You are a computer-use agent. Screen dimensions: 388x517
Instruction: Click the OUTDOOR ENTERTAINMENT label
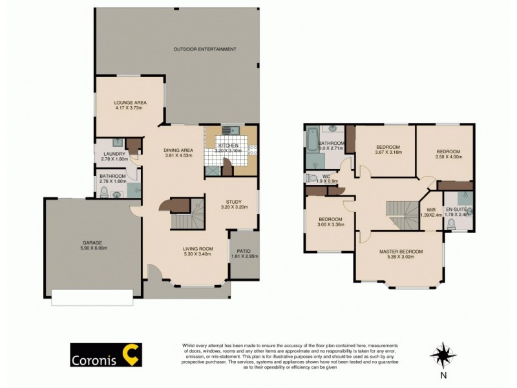(x=204, y=49)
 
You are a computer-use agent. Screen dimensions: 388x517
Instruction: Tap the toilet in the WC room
(x=311, y=178)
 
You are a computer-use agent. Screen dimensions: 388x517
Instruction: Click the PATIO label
(x=244, y=250)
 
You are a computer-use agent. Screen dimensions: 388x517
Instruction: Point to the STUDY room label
(x=233, y=202)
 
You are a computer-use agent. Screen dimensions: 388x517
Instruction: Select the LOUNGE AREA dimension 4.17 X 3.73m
(x=130, y=108)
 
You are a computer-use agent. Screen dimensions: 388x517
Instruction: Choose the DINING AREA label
(x=179, y=150)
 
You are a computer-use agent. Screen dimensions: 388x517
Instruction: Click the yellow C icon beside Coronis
(x=132, y=355)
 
